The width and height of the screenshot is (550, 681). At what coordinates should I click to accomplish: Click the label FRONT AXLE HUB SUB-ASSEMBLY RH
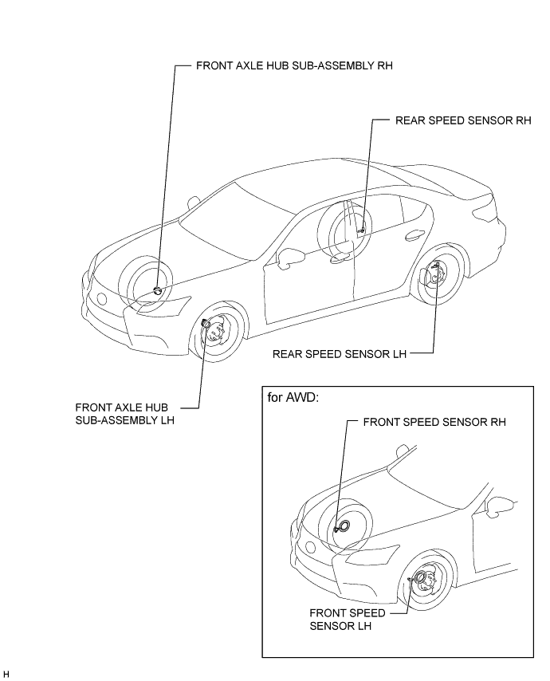tap(294, 67)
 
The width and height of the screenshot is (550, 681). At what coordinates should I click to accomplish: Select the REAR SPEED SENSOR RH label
tap(462, 120)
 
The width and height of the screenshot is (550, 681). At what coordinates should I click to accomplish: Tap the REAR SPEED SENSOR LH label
tap(339, 352)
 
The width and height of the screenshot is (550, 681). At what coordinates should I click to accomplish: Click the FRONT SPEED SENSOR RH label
tap(434, 422)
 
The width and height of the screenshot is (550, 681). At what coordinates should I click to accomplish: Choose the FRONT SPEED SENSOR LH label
tap(347, 620)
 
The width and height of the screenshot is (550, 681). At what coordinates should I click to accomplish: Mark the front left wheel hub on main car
tap(213, 329)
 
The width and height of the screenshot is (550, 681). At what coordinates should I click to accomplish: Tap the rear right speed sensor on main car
tap(361, 230)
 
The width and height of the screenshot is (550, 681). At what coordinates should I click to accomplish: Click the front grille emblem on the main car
tap(101, 300)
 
